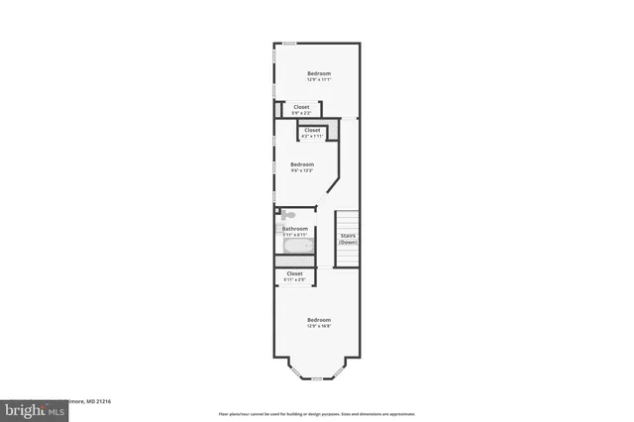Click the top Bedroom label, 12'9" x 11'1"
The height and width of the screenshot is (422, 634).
318,74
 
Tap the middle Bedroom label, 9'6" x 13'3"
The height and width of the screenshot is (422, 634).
302,164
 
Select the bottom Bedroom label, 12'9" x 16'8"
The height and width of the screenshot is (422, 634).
318,320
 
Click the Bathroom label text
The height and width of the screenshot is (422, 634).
295,229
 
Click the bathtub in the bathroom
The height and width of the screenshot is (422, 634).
297,246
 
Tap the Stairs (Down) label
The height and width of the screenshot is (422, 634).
348,239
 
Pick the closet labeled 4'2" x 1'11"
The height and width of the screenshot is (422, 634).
311,131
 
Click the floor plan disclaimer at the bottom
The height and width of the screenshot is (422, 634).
317,413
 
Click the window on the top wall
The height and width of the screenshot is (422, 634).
288,43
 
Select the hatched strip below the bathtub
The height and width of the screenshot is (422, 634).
295,261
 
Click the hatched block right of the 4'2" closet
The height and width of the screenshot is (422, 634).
335,130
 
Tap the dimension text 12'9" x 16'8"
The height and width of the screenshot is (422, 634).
318,326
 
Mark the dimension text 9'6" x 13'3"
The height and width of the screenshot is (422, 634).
302,170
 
